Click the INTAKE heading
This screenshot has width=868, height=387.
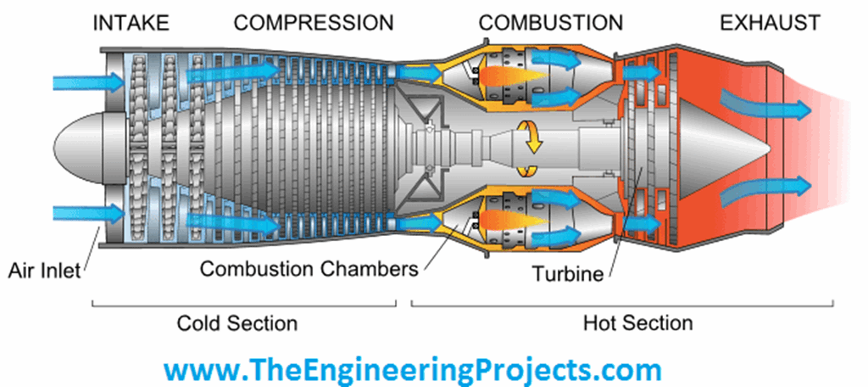pyautogui.click(x=131, y=23)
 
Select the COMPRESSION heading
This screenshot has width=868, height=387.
pyautogui.click(x=314, y=23)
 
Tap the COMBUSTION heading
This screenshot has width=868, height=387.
pyautogui.click(x=550, y=23)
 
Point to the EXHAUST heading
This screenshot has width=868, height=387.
pyautogui.click(x=770, y=23)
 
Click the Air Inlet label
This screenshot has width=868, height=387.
pyautogui.click(x=43, y=271)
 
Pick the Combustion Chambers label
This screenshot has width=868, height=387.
pyautogui.click(x=309, y=270)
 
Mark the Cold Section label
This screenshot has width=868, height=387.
pyautogui.click(x=237, y=323)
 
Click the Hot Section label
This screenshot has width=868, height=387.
pyautogui.click(x=637, y=323)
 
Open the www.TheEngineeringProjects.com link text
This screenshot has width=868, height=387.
pyautogui.click(x=412, y=371)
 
